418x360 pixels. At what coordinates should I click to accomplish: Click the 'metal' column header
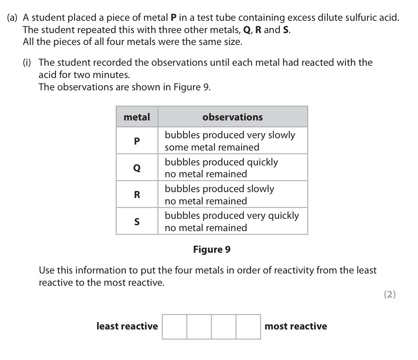pyautogui.click(x=137, y=117)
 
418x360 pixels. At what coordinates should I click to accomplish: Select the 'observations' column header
pyautogui.click(x=232, y=117)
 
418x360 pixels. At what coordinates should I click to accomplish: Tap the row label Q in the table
pyautogui.click(x=137, y=168)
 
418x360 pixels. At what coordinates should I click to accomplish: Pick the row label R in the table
pyautogui.click(x=137, y=195)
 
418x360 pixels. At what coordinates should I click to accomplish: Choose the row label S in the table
pyautogui.click(x=137, y=221)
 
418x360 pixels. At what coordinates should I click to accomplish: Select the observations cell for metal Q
pyautogui.click(x=232, y=168)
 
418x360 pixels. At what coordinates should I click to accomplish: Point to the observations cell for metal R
pyautogui.click(x=232, y=195)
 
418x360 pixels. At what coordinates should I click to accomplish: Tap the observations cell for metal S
pyautogui.click(x=232, y=221)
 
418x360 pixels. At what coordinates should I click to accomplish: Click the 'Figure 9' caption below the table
pyautogui.click(x=212, y=249)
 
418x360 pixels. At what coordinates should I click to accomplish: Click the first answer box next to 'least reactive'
pyautogui.click(x=175, y=327)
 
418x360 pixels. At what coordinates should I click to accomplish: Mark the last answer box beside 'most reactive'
pyautogui.click(x=248, y=327)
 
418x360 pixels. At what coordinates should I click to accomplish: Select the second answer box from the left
pyautogui.click(x=199, y=327)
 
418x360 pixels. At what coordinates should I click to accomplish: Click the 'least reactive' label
pyautogui.click(x=127, y=326)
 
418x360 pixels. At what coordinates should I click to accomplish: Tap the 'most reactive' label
pyautogui.click(x=295, y=326)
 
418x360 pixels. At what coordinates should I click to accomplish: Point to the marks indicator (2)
pyautogui.click(x=390, y=295)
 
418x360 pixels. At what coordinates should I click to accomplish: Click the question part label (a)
pyautogui.click(x=13, y=18)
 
